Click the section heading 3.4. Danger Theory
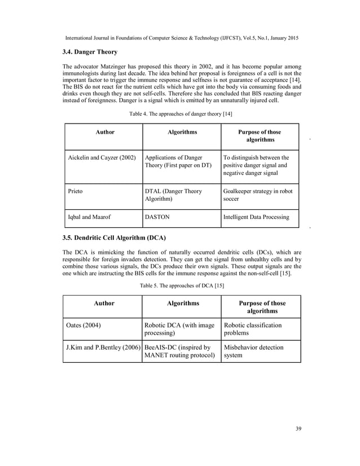tap(90, 52)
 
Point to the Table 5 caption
tap(182, 286)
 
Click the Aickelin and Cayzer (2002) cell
tap(100, 157)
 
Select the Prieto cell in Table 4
tap(75, 191)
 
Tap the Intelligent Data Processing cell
tap(256, 216)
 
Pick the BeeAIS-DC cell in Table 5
tap(180, 351)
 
